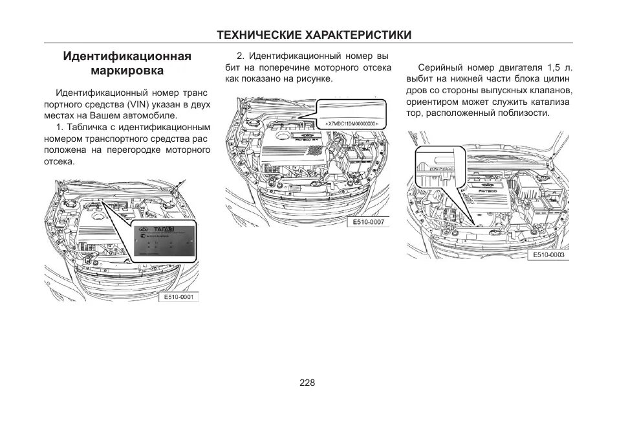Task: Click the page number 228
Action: pos(307,383)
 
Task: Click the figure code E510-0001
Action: pos(179,298)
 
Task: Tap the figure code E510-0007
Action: pos(368,223)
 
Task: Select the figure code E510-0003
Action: pos(548,255)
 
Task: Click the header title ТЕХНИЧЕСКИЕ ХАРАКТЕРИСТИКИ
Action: pos(314,35)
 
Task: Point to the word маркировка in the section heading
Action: pos(127,70)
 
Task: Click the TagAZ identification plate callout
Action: pos(164,241)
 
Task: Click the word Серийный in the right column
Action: pos(439,67)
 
